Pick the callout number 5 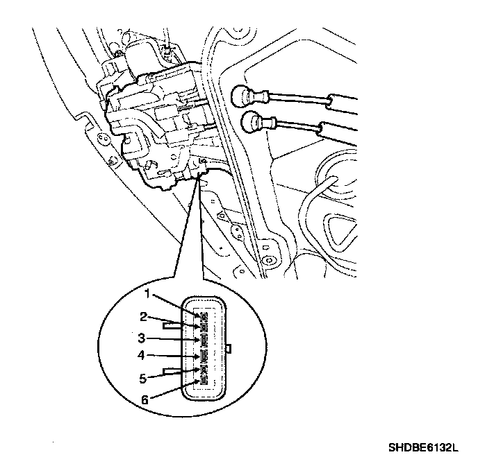(x=142, y=379)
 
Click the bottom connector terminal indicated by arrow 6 (x=204, y=381)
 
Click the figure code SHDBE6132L (x=425, y=449)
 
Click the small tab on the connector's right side (x=230, y=347)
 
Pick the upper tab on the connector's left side (x=171, y=324)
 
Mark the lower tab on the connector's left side (x=171, y=372)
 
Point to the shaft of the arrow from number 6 (x=174, y=391)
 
